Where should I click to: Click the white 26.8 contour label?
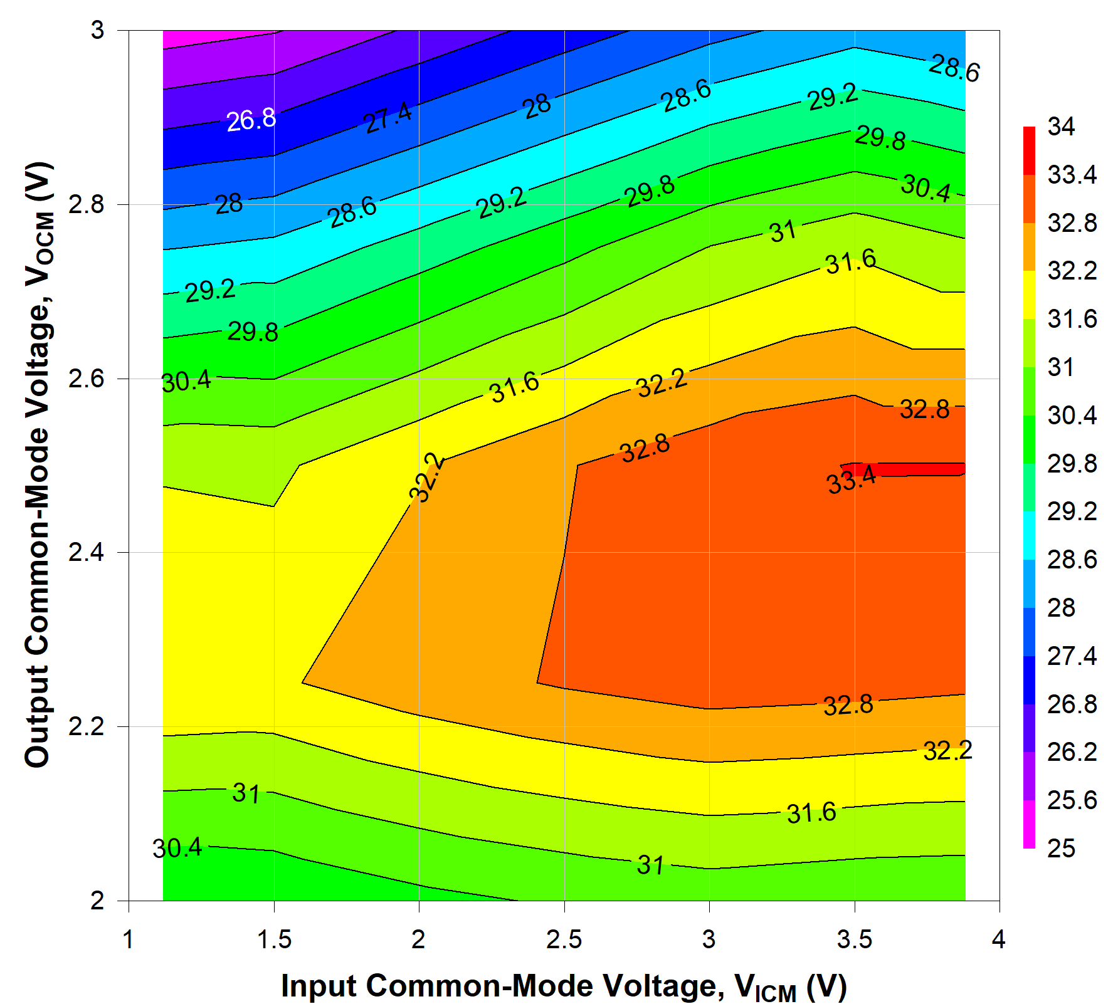(251, 119)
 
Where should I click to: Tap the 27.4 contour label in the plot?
(388, 117)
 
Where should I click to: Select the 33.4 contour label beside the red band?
(852, 481)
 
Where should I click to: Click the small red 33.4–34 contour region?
(915, 469)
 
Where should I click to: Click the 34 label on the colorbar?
(1061, 127)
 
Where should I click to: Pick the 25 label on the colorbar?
(1061, 849)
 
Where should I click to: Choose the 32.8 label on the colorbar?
(1072, 223)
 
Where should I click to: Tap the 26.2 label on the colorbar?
(1072, 752)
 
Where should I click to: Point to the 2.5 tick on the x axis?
(564, 939)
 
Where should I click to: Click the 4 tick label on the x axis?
(998, 939)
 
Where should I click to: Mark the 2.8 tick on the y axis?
(85, 204)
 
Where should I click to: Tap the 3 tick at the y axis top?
(97, 30)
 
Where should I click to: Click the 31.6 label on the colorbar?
(1072, 320)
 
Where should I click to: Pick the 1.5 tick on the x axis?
(274, 939)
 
